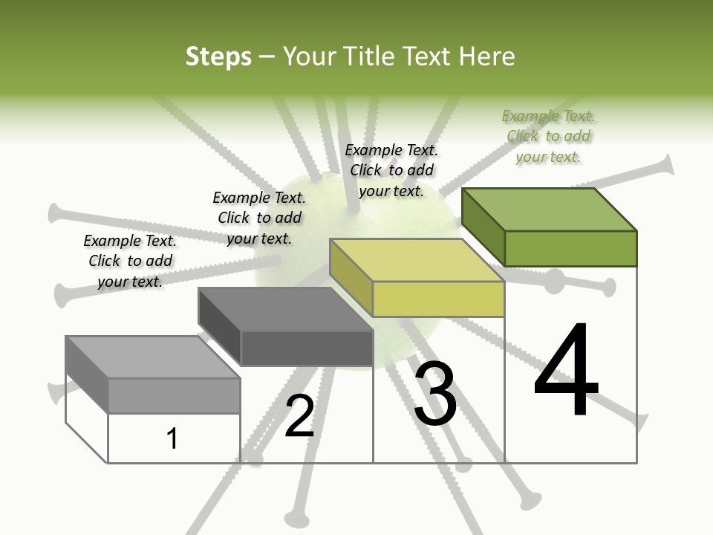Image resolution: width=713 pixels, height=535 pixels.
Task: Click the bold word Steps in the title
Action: [x=218, y=57]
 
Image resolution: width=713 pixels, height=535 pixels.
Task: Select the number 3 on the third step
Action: [x=435, y=393]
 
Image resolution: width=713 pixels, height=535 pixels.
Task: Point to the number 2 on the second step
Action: [x=299, y=416]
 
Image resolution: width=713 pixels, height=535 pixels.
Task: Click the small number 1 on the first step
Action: [x=172, y=438]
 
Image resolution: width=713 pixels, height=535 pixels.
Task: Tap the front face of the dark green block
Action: [x=570, y=248]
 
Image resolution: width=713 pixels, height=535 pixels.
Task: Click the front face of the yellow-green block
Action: [x=438, y=299]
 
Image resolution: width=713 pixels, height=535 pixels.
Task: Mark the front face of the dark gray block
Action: [x=307, y=348]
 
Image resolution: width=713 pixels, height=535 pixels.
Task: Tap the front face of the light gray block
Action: [x=174, y=395]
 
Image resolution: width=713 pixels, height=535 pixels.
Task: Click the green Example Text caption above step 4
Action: [x=548, y=136]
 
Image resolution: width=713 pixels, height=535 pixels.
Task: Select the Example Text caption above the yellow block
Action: [x=391, y=170]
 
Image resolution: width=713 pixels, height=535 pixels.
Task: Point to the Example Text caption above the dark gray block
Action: [x=259, y=218]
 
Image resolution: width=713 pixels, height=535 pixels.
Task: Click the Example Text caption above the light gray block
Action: [x=130, y=261]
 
